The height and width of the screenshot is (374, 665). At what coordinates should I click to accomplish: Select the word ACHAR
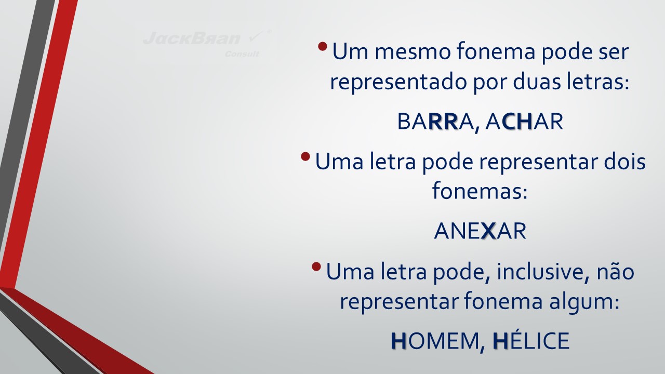tap(524, 122)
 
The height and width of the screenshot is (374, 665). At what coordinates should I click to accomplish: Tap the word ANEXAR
tap(480, 231)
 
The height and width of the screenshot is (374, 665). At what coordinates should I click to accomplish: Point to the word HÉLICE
tap(531, 340)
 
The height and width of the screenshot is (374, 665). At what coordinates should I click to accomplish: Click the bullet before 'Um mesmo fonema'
tap(323, 46)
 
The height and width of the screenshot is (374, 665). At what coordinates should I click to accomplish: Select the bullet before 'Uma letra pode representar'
tap(305, 156)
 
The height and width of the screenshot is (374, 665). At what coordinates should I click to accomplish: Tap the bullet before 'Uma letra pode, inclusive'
tap(316, 266)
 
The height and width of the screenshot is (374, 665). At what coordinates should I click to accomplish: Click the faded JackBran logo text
tap(192, 38)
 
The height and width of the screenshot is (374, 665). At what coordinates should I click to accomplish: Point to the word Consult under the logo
tap(242, 54)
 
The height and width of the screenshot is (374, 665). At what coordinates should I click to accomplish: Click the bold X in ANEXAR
tap(489, 231)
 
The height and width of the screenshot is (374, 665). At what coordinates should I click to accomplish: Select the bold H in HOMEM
tap(398, 341)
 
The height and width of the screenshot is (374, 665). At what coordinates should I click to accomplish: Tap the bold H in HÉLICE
tap(500, 341)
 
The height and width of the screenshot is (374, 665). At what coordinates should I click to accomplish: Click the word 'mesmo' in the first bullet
tap(413, 51)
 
